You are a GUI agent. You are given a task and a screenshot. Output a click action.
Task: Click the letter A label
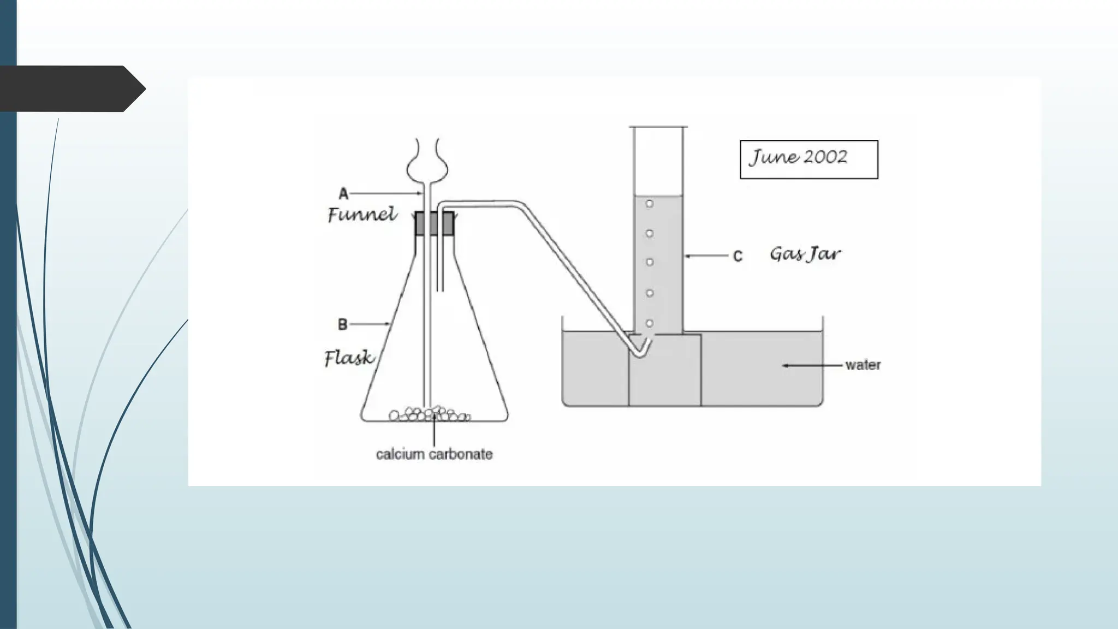click(x=343, y=193)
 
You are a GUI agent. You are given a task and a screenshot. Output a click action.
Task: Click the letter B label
click(x=342, y=324)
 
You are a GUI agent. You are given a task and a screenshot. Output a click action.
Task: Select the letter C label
click(x=738, y=256)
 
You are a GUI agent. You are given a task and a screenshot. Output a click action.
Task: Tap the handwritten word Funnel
click(x=362, y=215)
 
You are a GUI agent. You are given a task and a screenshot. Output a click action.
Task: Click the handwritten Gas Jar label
click(x=805, y=254)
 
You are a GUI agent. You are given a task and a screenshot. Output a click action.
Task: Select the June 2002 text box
click(x=808, y=159)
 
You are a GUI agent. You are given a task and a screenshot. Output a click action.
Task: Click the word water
click(x=863, y=365)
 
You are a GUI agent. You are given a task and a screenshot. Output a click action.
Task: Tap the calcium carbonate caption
click(x=434, y=454)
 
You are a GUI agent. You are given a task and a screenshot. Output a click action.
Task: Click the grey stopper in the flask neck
click(x=434, y=223)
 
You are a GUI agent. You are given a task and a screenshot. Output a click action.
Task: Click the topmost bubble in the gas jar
click(x=649, y=204)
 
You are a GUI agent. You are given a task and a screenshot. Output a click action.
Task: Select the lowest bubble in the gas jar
click(x=649, y=323)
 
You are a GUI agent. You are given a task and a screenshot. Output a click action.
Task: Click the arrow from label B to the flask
click(x=370, y=324)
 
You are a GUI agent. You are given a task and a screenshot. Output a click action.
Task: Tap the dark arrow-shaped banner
click(x=71, y=88)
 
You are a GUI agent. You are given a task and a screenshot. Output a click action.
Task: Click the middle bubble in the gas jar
click(x=649, y=262)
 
